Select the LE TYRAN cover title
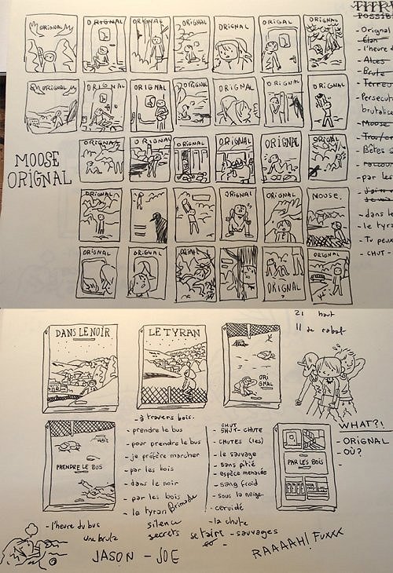point(167,334)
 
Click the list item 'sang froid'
point(235,487)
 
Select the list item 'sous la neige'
point(237,497)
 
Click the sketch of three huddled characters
point(330,380)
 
